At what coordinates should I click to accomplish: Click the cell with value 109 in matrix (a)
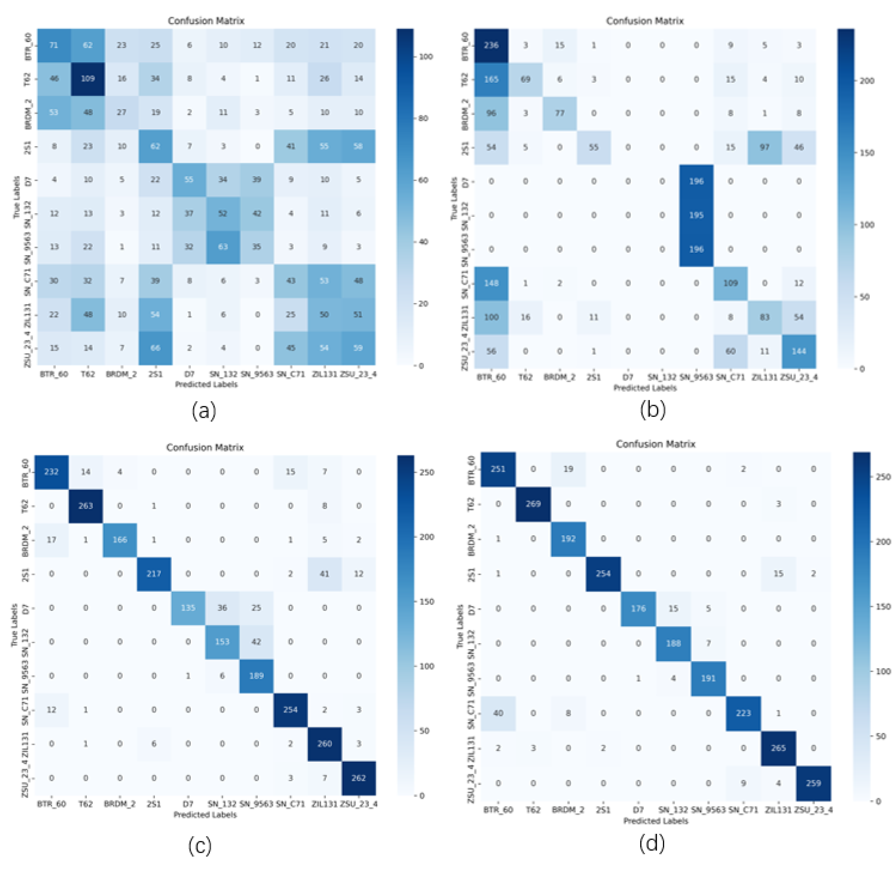(88, 79)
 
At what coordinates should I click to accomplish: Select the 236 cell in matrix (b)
(491, 45)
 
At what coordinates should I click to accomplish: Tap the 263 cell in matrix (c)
(86, 506)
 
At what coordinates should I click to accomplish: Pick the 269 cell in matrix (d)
(533, 504)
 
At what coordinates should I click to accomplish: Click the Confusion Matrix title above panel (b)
(644, 21)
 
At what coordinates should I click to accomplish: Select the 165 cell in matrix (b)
(491, 79)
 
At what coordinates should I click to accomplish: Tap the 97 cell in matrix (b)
(764, 147)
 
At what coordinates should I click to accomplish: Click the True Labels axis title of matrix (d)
(460, 626)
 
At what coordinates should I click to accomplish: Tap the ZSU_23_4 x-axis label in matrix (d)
(813, 810)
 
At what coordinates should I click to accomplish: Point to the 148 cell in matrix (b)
(491, 283)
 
